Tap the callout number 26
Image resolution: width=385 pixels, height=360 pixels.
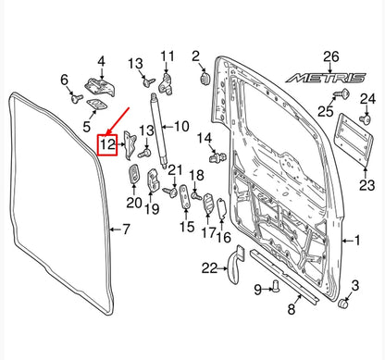[x=332, y=58]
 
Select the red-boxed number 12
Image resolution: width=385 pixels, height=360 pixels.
[x=107, y=144]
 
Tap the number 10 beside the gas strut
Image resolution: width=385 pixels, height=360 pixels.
[x=181, y=126]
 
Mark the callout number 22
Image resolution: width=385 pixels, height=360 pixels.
[x=210, y=268]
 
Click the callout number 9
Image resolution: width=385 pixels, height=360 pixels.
[x=258, y=290]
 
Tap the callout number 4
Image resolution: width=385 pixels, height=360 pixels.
[x=101, y=62]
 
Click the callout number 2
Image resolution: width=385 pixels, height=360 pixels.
[x=196, y=57]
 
